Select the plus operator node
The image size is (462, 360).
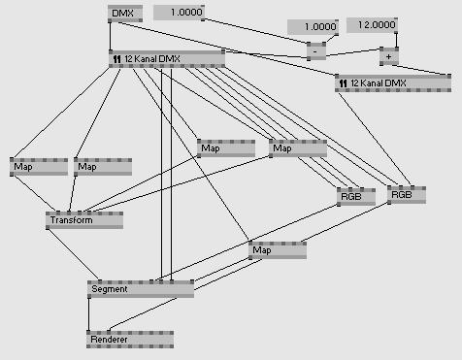pyautogui.click(x=389, y=56)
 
